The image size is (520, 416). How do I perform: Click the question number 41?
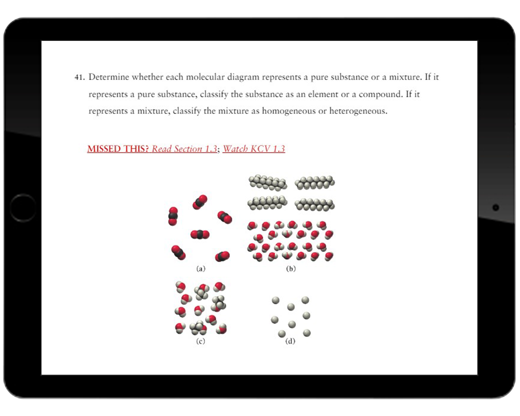click(x=80, y=77)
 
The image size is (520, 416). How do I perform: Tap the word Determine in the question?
click(x=109, y=77)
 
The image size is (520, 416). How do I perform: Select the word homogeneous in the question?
click(x=289, y=111)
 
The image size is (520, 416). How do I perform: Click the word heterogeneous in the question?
click(x=358, y=111)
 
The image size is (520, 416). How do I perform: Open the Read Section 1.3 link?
click(x=184, y=149)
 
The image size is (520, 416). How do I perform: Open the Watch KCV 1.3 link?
click(x=254, y=149)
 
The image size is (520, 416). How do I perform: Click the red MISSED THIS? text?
click(x=118, y=149)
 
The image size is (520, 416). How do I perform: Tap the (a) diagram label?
click(x=201, y=269)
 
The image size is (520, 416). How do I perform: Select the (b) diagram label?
click(x=291, y=269)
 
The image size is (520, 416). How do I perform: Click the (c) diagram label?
click(x=200, y=341)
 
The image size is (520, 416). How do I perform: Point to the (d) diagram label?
click(x=290, y=341)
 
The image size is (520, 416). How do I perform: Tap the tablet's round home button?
click(x=23, y=208)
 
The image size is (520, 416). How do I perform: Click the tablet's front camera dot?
click(x=495, y=207)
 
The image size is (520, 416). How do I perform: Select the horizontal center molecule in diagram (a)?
click(x=200, y=235)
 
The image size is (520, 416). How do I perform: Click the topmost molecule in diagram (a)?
click(x=200, y=202)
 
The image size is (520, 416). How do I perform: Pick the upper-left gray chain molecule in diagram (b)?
click(x=268, y=182)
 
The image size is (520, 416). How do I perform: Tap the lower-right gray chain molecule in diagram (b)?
click(x=314, y=205)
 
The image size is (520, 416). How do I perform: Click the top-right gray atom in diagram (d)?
click(x=305, y=300)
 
